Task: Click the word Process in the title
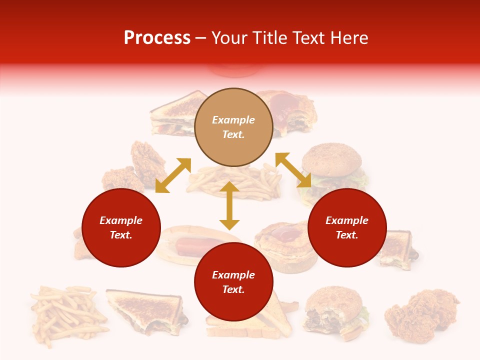157,38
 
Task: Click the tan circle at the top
233,127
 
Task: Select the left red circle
121,227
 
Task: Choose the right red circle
347,227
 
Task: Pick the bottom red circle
233,282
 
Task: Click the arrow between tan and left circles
173,175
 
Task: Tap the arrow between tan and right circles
293,170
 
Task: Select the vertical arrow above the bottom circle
229,205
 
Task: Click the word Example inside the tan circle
233,120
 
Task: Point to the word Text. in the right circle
347,235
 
